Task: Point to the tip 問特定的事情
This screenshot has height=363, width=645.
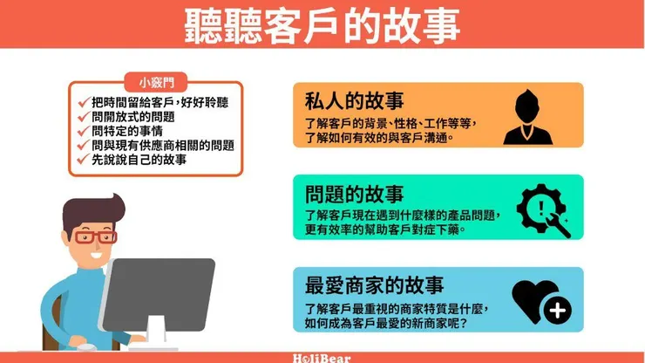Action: (x=126, y=131)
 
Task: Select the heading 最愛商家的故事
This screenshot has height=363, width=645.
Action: (x=374, y=285)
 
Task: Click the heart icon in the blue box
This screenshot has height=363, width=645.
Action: (x=532, y=299)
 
